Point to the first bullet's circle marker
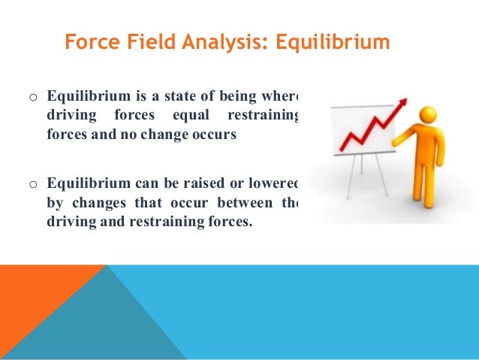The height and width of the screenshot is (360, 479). [x=32, y=98]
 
